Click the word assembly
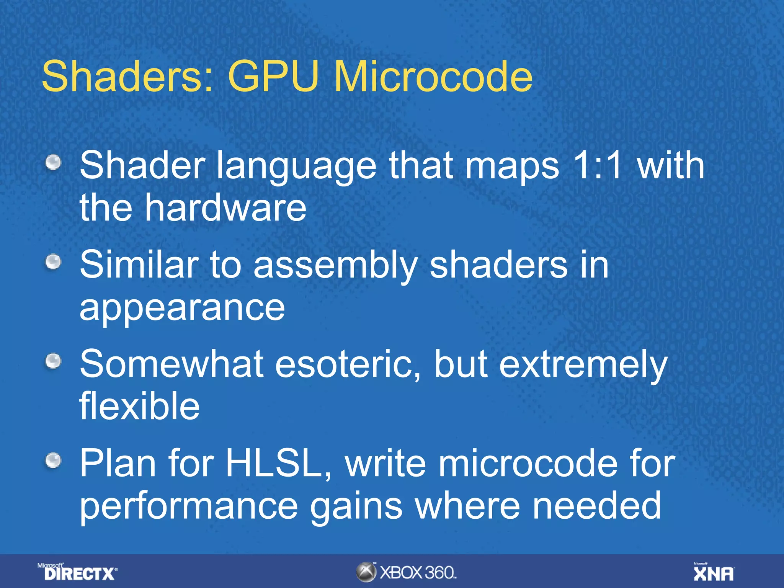coord(335,266)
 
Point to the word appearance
coord(182,309)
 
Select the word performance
coord(188,506)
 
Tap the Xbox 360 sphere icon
coord(366,572)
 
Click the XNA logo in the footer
coord(714,573)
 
